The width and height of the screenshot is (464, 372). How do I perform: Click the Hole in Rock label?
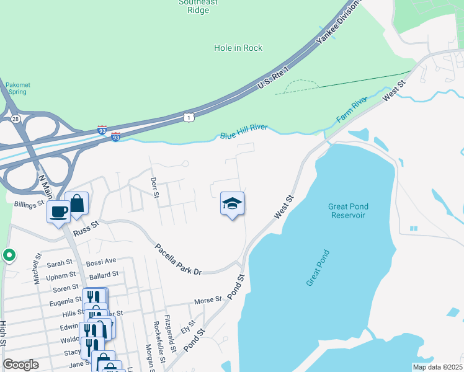[238, 48]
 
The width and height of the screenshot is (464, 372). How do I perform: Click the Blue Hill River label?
[244, 132]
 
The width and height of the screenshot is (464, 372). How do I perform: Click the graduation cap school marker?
[232, 203]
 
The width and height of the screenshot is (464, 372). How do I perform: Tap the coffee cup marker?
[60, 211]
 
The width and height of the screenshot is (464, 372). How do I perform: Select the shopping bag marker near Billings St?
[77, 203]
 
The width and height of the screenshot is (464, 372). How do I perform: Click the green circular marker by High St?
[9, 255]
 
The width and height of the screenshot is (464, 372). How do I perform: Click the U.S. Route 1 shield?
[188, 117]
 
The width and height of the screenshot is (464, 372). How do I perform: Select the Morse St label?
[208, 300]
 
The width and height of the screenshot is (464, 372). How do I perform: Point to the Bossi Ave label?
[101, 262]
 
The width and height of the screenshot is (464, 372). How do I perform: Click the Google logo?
[21, 364]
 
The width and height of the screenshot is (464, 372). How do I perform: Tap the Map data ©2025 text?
[437, 367]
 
